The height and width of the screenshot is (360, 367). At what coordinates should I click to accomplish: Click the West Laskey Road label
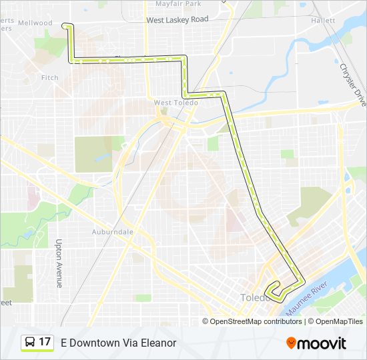[x=177, y=20]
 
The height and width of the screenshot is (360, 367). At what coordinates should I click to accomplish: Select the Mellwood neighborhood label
[x=35, y=23]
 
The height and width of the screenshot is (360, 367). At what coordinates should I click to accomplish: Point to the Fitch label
[x=50, y=78]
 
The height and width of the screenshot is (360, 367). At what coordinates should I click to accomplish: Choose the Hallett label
[x=323, y=21]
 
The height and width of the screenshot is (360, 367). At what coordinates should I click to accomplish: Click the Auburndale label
[x=113, y=232]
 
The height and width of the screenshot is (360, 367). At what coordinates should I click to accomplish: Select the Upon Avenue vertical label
[x=59, y=263]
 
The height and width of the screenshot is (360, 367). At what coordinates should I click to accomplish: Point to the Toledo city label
[x=254, y=297]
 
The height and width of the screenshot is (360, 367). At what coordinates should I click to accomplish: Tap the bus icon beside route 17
[x=30, y=342]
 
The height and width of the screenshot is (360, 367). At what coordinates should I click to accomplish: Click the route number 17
[x=45, y=342]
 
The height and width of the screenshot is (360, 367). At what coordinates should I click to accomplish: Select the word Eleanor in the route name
[x=157, y=343]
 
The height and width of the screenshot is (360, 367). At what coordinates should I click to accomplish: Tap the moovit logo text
[x=322, y=343]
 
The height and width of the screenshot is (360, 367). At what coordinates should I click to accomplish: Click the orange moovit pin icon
[x=291, y=343]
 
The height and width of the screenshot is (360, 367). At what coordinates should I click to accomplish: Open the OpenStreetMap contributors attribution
[x=256, y=321]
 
